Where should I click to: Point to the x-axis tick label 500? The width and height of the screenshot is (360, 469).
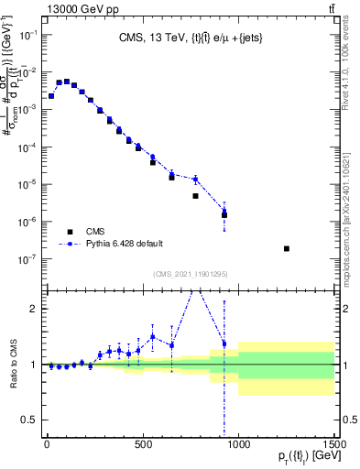click(x=143, y=444)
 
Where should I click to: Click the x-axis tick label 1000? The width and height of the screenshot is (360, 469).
click(x=238, y=444)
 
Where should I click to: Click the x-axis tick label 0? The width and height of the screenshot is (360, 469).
click(x=47, y=444)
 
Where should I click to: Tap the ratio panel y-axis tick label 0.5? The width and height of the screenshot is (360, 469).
click(x=30, y=420)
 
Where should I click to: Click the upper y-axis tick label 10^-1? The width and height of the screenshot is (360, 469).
click(x=28, y=35)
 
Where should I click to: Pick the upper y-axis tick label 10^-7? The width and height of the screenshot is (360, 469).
click(x=28, y=259)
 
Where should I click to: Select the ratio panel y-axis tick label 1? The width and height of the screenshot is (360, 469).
click(x=34, y=365)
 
